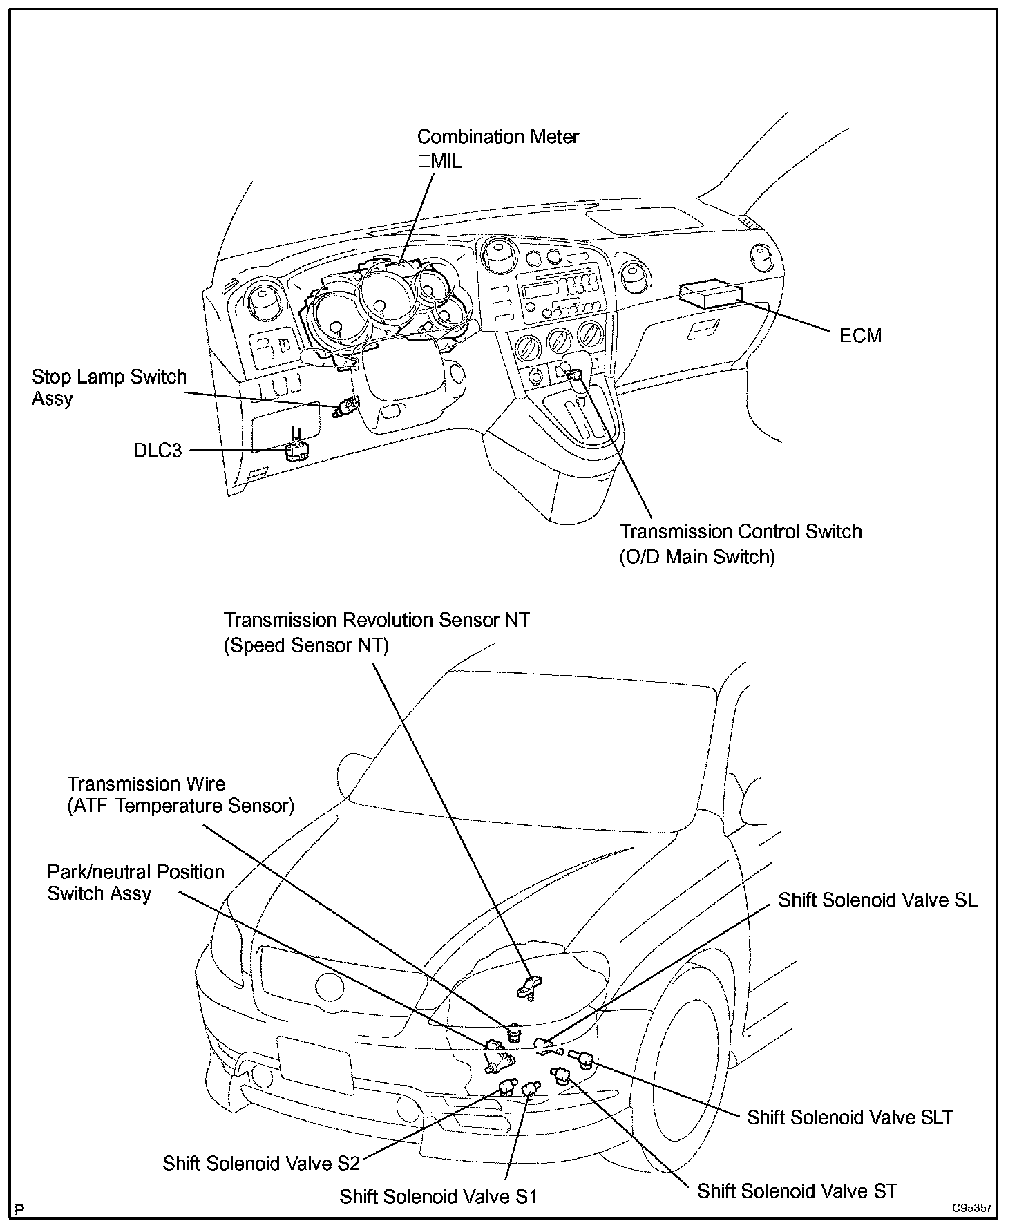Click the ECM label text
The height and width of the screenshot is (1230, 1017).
[x=860, y=336]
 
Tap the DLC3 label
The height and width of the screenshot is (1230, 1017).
[x=158, y=451]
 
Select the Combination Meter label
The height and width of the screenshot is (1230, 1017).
[x=497, y=137]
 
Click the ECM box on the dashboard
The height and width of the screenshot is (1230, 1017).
[x=712, y=293]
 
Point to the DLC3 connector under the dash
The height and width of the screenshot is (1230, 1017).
[x=296, y=451]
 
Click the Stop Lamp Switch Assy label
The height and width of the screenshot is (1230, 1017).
[x=109, y=388]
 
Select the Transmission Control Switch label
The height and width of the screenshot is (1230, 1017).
[x=740, y=531]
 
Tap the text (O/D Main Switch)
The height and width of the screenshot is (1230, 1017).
[x=697, y=556]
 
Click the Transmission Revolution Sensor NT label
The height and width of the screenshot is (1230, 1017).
[x=377, y=620]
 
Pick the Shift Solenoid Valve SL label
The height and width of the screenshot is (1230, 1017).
[x=877, y=900]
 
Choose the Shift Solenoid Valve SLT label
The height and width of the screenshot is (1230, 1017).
[x=850, y=1117]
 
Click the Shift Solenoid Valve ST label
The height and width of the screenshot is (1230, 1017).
[x=797, y=1191]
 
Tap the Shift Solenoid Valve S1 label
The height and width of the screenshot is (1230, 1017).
[x=438, y=1196]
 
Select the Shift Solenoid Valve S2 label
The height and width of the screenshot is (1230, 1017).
[x=261, y=1163]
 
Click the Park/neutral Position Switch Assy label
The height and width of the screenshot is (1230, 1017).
[x=136, y=882]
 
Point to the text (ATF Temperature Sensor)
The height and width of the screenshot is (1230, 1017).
[x=181, y=806]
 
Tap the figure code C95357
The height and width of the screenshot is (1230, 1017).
[x=971, y=1209]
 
